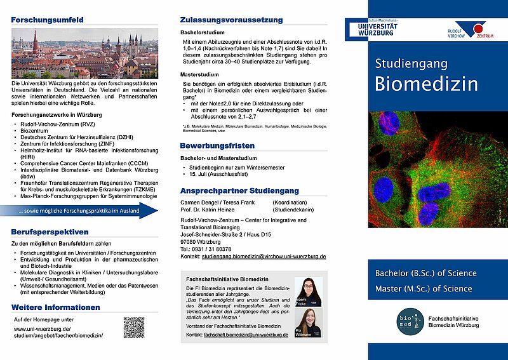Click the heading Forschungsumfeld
point(47,20)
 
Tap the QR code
point(133,328)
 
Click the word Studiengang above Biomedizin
point(411,63)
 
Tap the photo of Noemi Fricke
point(308,292)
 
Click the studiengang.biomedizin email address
point(264,256)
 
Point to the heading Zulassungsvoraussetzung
point(231,20)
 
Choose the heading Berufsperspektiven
point(50,232)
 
